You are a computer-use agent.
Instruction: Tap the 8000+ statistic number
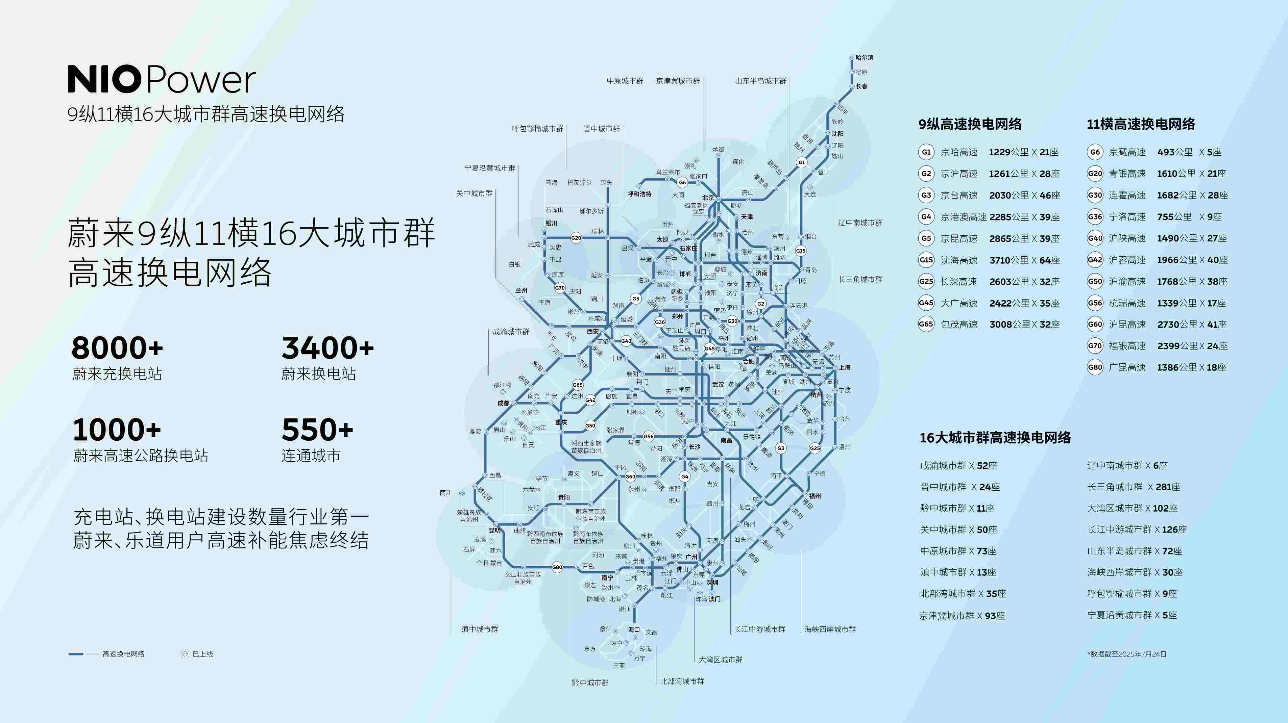click(118, 348)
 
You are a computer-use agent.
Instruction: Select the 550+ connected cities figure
click(317, 430)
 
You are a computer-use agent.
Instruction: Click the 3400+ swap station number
click(327, 348)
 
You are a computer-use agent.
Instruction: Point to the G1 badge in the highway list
click(926, 152)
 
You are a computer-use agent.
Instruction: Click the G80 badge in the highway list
click(1094, 367)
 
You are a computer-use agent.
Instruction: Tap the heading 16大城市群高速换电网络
click(995, 438)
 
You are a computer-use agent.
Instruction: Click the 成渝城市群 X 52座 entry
click(958, 465)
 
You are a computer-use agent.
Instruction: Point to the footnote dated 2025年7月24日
click(1126, 654)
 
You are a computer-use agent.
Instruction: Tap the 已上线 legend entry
click(198, 654)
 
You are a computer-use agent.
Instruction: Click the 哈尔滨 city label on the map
click(865, 58)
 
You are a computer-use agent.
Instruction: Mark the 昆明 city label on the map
click(494, 530)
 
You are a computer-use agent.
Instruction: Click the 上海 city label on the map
click(845, 367)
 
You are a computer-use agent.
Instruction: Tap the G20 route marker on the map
click(576, 238)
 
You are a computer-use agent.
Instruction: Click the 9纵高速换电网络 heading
click(970, 124)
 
